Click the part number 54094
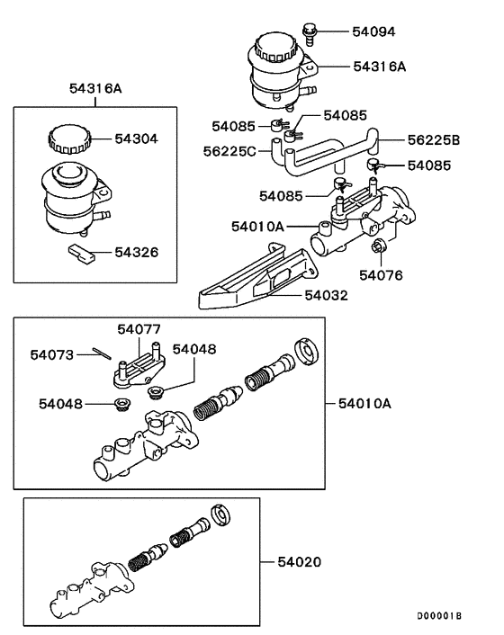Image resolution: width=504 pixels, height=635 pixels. tap(373, 32)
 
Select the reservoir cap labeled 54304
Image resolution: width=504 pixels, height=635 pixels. tap(68, 140)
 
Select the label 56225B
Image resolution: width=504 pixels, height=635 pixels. tap(434, 139)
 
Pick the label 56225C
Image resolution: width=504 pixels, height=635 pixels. tap(229, 152)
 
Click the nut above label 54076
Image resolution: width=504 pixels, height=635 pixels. tap(379, 246)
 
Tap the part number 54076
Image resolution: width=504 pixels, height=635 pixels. tap(382, 274)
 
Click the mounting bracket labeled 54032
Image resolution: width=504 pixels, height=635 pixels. tap(252, 286)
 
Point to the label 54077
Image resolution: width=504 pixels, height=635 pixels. tap(139, 330)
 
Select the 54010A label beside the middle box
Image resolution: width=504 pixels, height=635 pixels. tap(365, 404)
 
